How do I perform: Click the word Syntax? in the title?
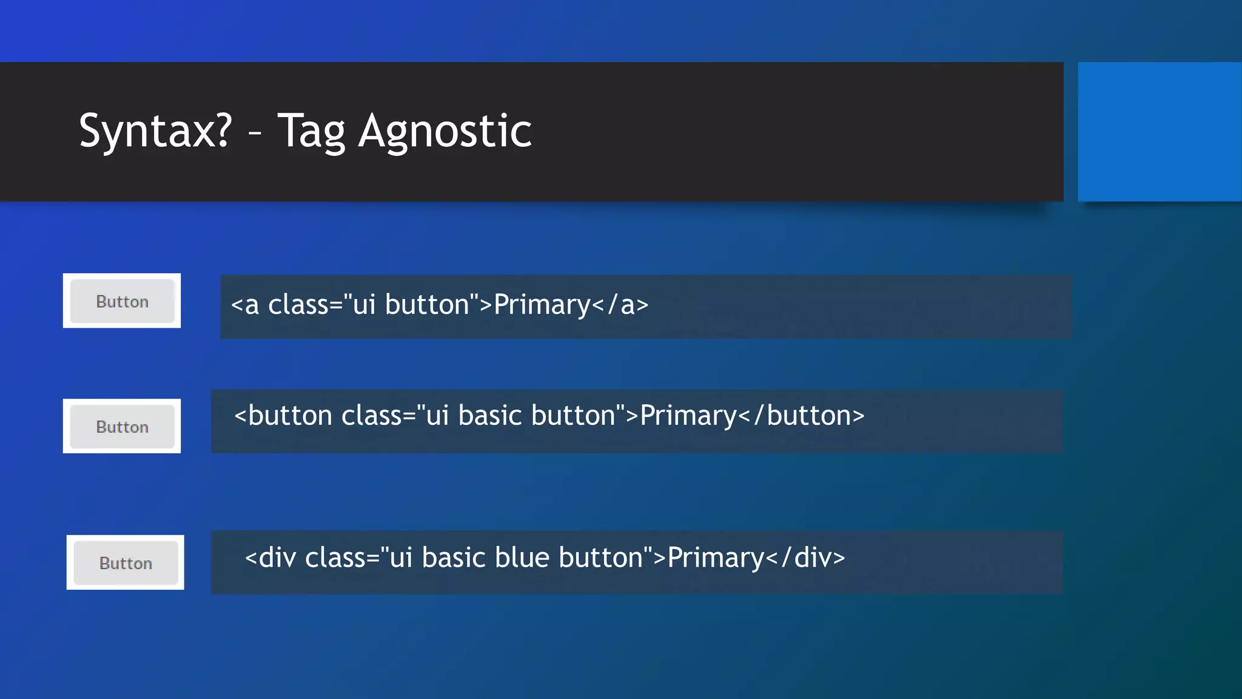click(155, 131)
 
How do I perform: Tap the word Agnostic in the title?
click(445, 131)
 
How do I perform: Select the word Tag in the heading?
click(311, 132)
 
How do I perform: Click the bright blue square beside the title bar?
click(1159, 132)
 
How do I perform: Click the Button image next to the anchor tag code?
click(122, 301)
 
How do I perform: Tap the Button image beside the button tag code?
click(122, 427)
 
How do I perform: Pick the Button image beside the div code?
click(126, 562)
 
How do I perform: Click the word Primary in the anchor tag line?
click(542, 305)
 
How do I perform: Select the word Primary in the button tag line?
click(688, 416)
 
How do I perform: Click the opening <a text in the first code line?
click(245, 305)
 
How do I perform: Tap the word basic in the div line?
click(453, 558)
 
